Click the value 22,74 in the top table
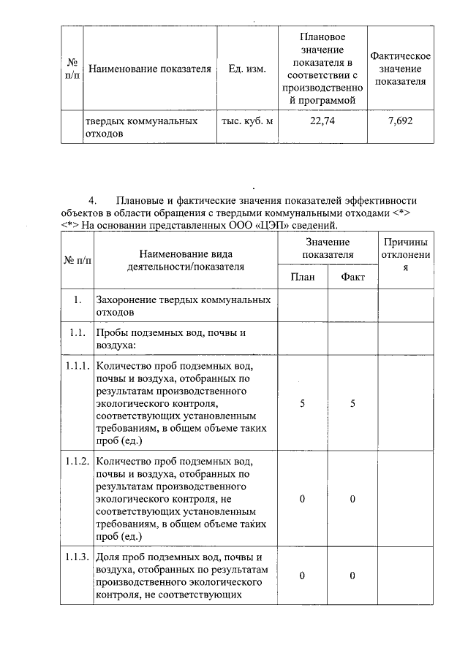(322, 121)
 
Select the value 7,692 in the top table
(400, 121)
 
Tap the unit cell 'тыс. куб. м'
(247, 121)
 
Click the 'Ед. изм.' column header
(247, 69)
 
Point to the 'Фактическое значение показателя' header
(400, 69)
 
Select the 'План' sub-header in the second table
(303, 277)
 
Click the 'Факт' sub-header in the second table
(352, 277)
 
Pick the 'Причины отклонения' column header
(405, 255)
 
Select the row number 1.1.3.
(76, 557)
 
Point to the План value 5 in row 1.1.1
(303, 403)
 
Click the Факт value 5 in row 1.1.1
(352, 403)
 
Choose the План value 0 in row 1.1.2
(303, 499)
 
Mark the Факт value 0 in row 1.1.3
(352, 576)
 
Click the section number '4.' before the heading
(93, 200)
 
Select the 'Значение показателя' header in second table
(328, 248)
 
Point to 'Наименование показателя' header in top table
(149, 69)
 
